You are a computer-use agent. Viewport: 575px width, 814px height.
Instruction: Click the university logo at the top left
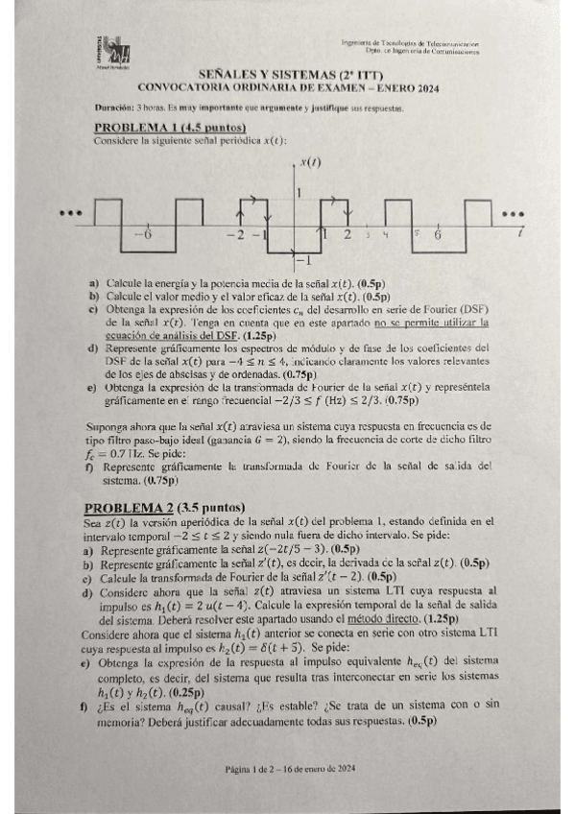pos(112,54)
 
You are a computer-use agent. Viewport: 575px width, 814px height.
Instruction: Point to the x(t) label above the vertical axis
pos(309,162)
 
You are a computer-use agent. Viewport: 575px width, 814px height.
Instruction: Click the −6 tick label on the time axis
pos(140,234)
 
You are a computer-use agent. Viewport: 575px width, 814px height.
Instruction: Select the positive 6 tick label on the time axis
pos(439,234)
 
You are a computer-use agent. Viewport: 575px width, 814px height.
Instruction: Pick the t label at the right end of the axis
pos(519,233)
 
